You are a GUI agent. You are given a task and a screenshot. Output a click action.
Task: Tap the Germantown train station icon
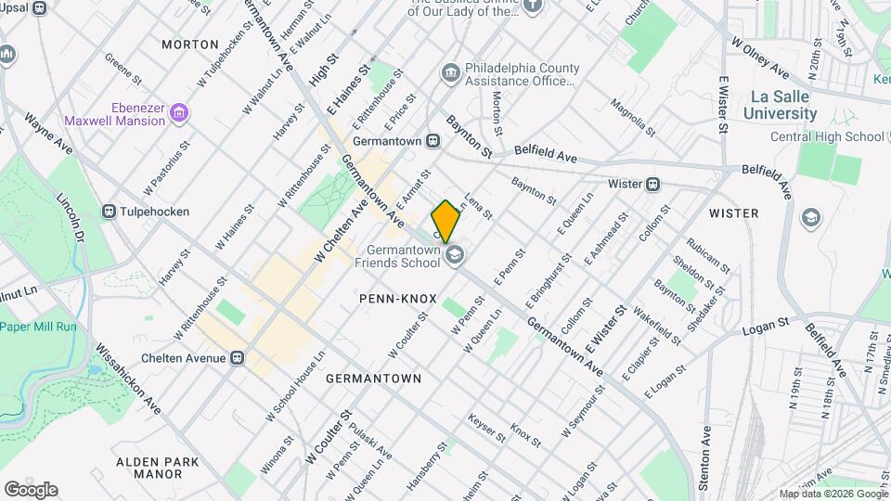point(433,141)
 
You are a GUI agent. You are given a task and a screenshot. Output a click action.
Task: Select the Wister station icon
point(653,184)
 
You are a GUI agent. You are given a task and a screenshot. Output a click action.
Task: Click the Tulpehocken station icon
point(110,212)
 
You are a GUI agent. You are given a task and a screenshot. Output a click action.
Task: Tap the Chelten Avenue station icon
point(238,358)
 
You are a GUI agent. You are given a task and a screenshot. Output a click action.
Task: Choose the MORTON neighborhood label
point(190,44)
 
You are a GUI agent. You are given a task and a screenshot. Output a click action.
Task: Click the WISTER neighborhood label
point(733,213)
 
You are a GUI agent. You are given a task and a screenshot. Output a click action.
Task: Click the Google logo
point(31,489)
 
